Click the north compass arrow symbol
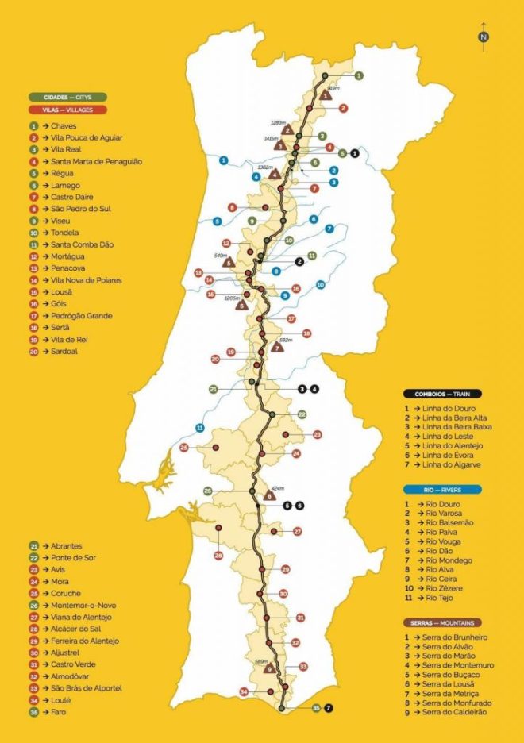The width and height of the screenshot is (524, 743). pos(484,34)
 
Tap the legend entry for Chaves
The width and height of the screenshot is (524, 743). pos(59,125)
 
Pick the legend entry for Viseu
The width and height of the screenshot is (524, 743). pos(57,221)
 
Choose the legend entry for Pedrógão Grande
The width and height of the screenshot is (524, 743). pos(75,315)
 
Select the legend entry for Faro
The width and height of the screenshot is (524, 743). pos(55,711)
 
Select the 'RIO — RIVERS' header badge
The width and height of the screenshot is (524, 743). pos(430,491)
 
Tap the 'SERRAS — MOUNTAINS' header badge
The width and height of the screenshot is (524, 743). pos(442,623)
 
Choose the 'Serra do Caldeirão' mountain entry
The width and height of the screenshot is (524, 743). pos(453,714)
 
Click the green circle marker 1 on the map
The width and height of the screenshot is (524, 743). pos(359,76)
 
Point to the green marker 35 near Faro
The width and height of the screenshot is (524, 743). pos(317,706)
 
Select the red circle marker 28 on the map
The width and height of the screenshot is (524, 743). pos(218,556)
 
